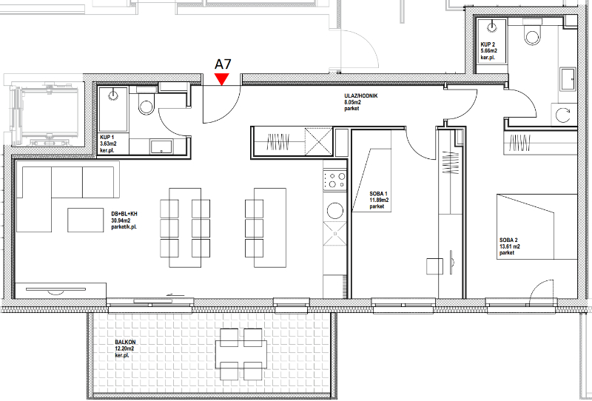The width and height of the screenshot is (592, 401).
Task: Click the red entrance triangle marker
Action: tap(221, 78)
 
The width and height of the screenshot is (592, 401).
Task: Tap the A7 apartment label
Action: tap(223, 64)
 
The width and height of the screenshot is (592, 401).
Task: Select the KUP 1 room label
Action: tap(107, 137)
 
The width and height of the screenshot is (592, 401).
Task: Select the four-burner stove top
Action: tap(334, 180)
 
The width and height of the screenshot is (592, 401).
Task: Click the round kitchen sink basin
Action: tap(335, 210)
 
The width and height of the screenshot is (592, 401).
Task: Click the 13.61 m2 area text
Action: tap(510, 246)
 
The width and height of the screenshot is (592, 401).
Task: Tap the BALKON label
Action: tap(125, 342)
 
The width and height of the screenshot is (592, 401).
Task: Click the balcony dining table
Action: tap(241, 354)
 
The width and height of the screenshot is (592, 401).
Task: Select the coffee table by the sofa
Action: tap(85, 220)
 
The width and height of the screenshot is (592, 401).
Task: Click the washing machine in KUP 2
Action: tap(564, 114)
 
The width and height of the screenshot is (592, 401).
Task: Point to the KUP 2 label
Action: tap(488, 44)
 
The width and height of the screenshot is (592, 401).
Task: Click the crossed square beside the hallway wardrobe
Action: tap(319, 142)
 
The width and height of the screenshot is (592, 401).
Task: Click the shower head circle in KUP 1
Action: tap(113, 95)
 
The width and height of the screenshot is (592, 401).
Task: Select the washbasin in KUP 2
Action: tap(568, 80)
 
